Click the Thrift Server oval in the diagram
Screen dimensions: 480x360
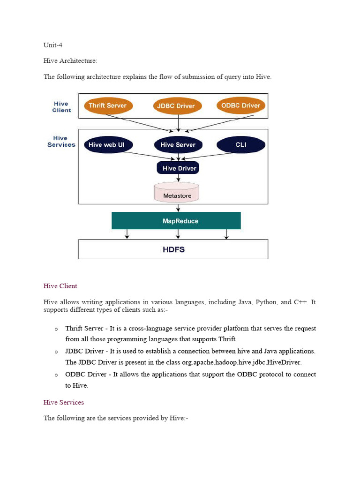[108, 105]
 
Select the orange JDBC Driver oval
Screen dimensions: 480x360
[178, 106]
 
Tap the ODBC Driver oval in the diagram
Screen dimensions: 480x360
[240, 105]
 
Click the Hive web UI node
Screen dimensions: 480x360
[108, 145]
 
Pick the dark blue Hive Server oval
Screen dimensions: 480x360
[178, 145]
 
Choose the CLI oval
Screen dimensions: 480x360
[240, 145]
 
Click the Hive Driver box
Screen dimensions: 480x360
[178, 168]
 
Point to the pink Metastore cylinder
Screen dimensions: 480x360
[177, 193]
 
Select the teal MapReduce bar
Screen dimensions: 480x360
[176, 221]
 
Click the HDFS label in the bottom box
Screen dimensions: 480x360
[173, 249]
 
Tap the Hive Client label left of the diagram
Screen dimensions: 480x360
[61, 107]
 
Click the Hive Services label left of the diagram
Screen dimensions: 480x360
[61, 142]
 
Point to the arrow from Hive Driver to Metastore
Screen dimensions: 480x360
[179, 178]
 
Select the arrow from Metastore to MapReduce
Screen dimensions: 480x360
[178, 207]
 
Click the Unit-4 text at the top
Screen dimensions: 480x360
[53, 45]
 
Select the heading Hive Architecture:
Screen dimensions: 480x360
[70, 61]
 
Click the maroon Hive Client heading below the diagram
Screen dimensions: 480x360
[60, 286]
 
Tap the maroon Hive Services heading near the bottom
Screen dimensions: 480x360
[64, 403]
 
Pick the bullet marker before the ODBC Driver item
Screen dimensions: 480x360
[56, 375]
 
